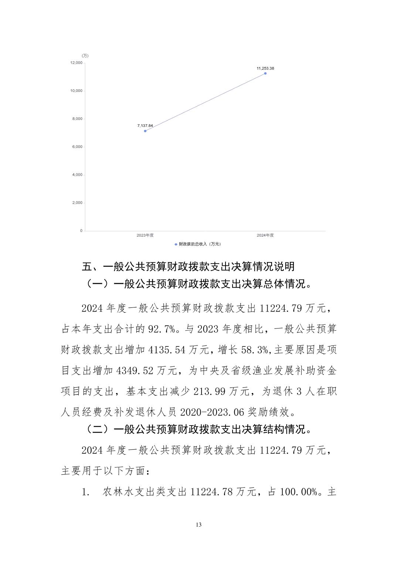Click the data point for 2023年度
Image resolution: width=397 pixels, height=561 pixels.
pyautogui.click(x=145, y=131)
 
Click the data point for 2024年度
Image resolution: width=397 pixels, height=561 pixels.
pyautogui.click(x=265, y=73)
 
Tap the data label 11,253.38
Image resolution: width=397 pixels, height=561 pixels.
pyautogui.click(x=265, y=68)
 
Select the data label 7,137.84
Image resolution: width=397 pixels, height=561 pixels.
pyautogui.click(x=145, y=125)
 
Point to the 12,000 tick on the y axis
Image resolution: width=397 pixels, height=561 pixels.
pyautogui.click(x=77, y=63)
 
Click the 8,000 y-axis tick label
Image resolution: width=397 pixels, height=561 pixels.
pyautogui.click(x=77, y=119)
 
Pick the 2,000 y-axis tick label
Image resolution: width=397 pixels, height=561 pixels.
pyautogui.click(x=77, y=203)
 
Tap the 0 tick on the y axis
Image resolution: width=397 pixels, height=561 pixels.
pyautogui.click(x=81, y=231)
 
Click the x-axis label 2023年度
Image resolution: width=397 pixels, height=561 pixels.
pyautogui.click(x=145, y=235)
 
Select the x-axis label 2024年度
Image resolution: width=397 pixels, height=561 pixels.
pyautogui.click(x=265, y=235)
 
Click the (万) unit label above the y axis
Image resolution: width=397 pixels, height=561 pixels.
pyautogui.click(x=85, y=56)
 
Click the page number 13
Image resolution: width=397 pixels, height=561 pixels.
pyautogui.click(x=198, y=525)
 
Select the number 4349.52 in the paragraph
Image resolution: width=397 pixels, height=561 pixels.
pyautogui.click(x=135, y=371)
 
